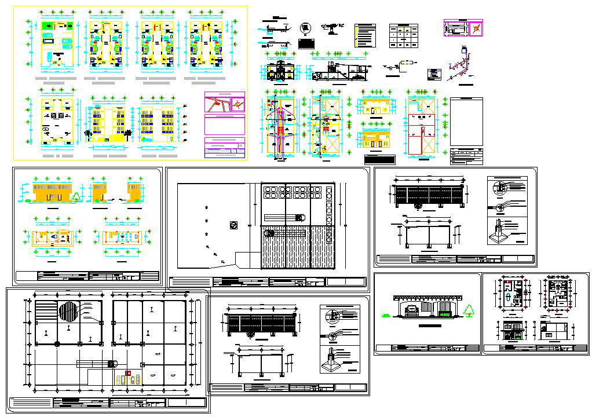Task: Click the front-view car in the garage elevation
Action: click(x=412, y=310)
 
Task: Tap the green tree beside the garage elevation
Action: click(x=469, y=311)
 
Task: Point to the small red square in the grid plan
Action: click(x=129, y=372)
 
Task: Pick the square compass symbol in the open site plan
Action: click(x=233, y=224)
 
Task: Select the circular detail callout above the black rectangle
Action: click(x=305, y=28)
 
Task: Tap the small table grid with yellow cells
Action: click(x=403, y=35)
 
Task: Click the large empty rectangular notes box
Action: click(x=466, y=122)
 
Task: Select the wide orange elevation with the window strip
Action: click(x=52, y=194)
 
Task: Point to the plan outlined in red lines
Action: click(x=422, y=127)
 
